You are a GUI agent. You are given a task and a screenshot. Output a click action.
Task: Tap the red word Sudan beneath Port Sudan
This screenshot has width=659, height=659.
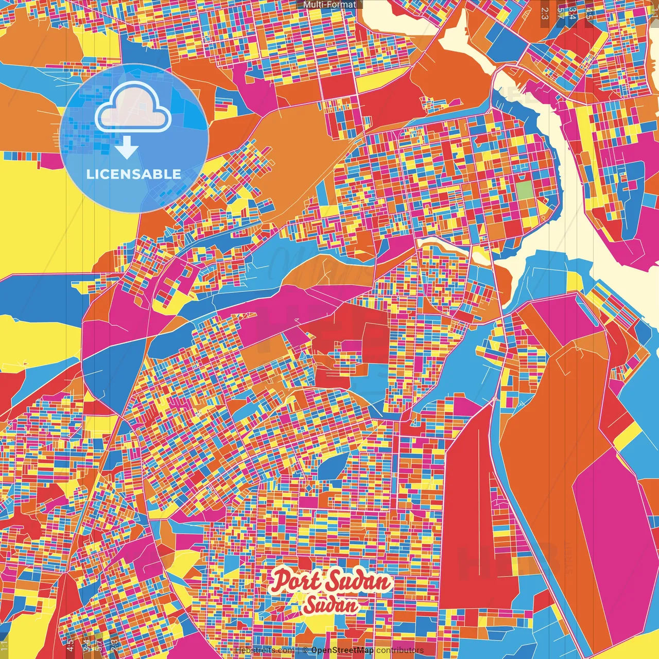coord(331,605)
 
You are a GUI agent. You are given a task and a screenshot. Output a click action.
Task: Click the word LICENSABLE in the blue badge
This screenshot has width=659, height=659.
coord(133,174)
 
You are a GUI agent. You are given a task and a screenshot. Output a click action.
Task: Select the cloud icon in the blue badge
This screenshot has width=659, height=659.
coord(133,107)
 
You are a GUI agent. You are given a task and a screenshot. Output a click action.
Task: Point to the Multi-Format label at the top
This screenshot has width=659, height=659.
coord(329,5)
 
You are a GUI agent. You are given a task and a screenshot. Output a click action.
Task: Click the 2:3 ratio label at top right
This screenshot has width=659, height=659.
coord(545,13)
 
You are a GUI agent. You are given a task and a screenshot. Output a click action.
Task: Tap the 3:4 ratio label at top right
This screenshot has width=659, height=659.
coord(572,13)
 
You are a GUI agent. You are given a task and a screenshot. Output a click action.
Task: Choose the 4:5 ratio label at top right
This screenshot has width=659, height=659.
coord(589,13)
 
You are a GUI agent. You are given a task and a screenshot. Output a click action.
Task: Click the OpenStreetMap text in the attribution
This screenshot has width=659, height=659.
coord(342,650)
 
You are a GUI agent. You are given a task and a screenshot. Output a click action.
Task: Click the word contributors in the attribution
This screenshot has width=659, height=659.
coord(400,650)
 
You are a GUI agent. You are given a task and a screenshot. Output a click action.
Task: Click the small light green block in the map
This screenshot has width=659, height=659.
coord(526,190)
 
